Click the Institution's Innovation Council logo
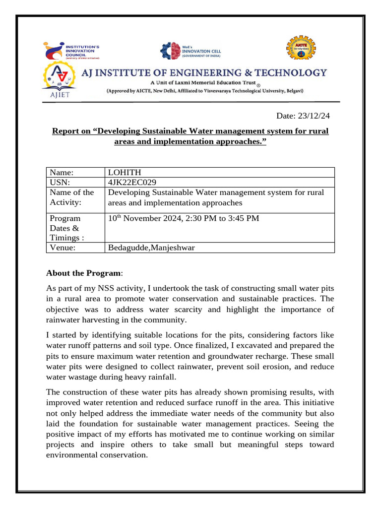click(72, 52)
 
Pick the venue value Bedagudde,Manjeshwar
click(151, 248)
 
